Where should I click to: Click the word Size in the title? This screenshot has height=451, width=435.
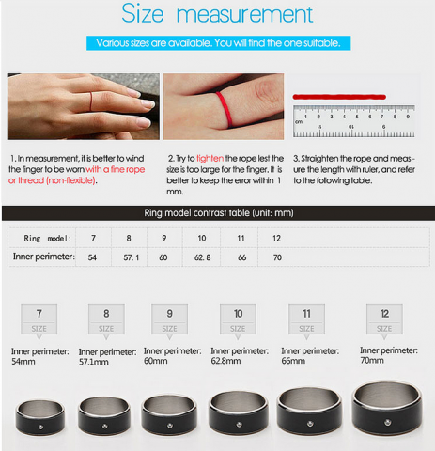point(143,13)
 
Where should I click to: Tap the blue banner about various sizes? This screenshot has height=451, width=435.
point(218,43)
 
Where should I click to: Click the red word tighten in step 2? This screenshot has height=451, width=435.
point(210,159)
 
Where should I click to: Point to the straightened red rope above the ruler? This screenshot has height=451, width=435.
point(339,97)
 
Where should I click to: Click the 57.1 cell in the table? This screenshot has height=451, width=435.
point(131,257)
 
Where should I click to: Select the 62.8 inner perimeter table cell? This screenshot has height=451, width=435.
point(202,257)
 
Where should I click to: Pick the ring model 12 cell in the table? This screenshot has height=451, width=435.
point(276,239)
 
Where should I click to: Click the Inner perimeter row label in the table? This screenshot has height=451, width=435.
point(44,257)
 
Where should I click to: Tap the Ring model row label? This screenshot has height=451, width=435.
point(48,239)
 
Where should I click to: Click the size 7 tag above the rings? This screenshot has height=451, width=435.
point(39,319)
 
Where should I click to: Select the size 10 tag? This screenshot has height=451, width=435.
point(238,319)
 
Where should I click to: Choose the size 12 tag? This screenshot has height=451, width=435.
point(384,319)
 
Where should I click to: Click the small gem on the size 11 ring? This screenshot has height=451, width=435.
point(310,424)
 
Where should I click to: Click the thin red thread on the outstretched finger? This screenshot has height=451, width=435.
point(91,101)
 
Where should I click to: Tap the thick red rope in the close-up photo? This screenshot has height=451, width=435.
point(225,110)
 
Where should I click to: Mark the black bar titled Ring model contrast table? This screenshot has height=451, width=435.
point(218,213)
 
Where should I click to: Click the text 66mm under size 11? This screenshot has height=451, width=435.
point(293,361)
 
